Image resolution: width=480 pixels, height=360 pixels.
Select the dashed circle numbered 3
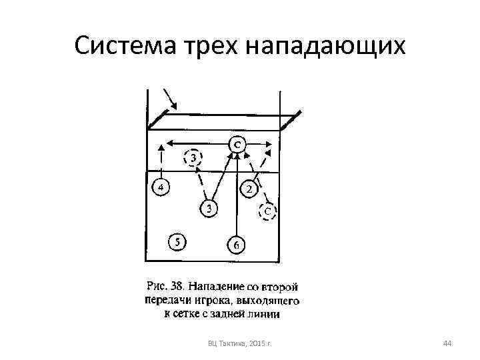coord(193,159)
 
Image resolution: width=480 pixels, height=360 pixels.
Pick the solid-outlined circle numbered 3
coord(209,209)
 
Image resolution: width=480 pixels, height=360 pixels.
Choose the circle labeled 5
coord(177,242)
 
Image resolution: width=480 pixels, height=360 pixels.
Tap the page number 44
coord(447,343)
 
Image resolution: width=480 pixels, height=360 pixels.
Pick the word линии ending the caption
coord(267,313)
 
